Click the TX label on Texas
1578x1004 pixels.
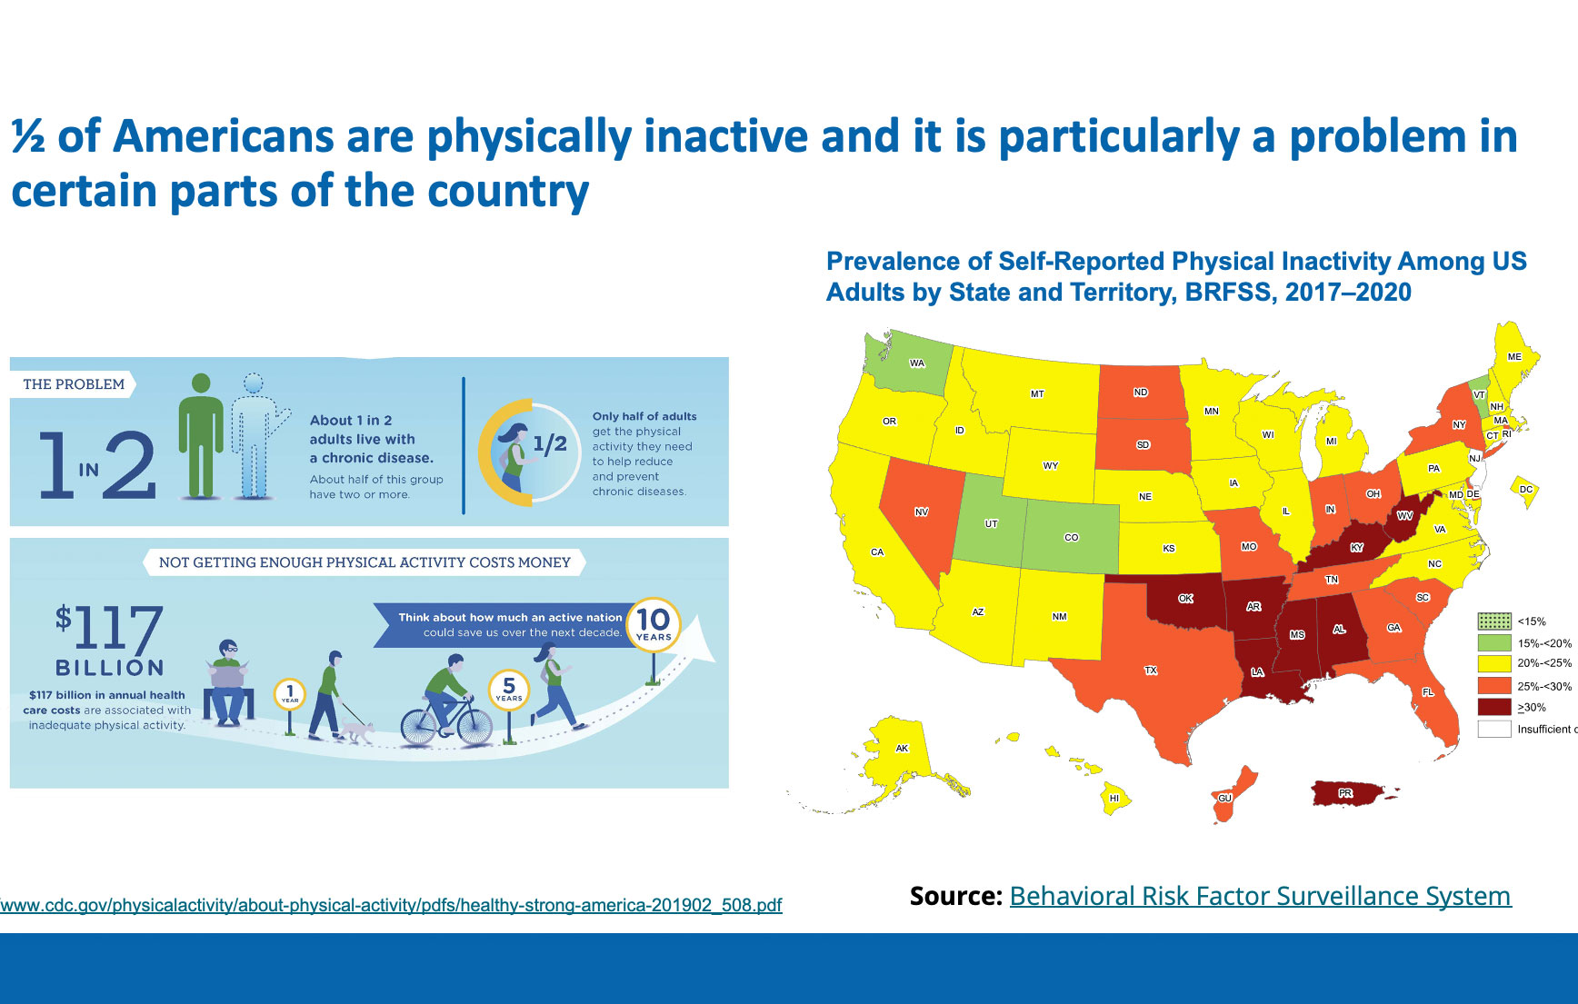[x=1151, y=671]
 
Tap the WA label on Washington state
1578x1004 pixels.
[x=917, y=363]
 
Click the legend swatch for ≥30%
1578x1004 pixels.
[x=1494, y=707]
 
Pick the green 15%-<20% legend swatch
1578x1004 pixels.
[x=1494, y=642]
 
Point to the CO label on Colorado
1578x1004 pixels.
[x=1072, y=538]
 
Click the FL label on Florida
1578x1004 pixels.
[x=1428, y=692]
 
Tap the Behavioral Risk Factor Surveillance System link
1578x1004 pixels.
[x=1260, y=896]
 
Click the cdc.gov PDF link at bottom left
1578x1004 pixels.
[x=391, y=905]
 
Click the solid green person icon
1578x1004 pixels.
[x=201, y=436]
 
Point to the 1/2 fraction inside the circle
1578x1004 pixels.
[x=550, y=444]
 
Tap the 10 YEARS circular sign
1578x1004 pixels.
[x=653, y=623]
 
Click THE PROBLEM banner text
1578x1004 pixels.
[x=74, y=384]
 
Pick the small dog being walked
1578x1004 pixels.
[x=357, y=731]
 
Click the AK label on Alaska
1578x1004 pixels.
[x=902, y=749]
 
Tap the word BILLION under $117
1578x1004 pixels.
[x=109, y=668]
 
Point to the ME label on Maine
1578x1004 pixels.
[x=1514, y=357]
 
